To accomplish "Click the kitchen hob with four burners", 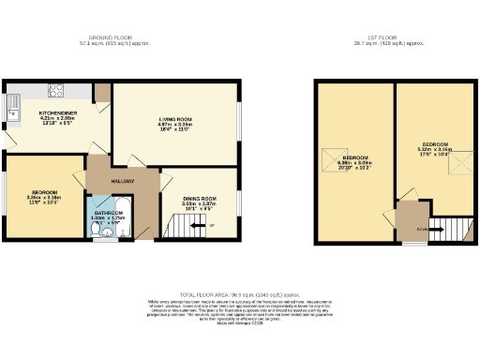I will (x=55, y=92).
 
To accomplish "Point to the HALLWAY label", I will (x=121, y=181).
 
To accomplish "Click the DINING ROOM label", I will (x=200, y=199).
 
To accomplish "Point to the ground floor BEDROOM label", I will (x=44, y=192).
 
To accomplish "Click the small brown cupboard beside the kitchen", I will (x=102, y=92).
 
